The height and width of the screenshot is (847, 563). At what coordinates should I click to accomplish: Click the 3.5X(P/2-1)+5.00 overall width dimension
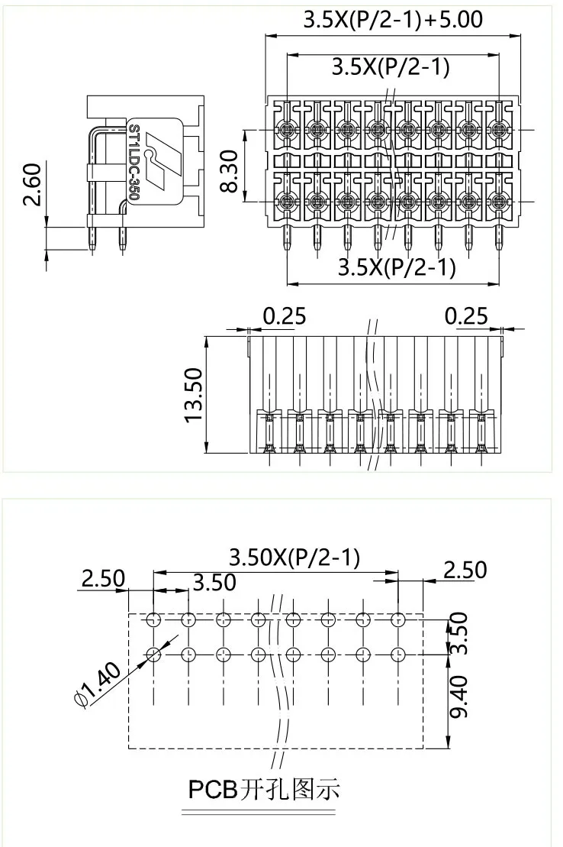(x=393, y=19)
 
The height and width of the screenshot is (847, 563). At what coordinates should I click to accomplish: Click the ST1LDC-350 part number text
(x=134, y=162)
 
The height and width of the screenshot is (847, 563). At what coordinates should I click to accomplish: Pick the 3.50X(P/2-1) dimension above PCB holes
(x=294, y=558)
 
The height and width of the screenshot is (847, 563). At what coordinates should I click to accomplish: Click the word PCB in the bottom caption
(x=213, y=788)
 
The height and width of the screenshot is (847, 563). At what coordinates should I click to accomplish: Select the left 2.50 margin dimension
(x=102, y=578)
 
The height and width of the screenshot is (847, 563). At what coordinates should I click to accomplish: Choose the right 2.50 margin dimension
(x=465, y=570)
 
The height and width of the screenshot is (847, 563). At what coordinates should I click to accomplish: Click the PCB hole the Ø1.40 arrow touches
(x=153, y=654)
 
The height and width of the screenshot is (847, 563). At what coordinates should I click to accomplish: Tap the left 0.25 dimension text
(x=285, y=315)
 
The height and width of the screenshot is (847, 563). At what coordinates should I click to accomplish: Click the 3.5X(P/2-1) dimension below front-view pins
(x=397, y=267)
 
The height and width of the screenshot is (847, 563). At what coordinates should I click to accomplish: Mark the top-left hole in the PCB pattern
(x=153, y=619)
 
